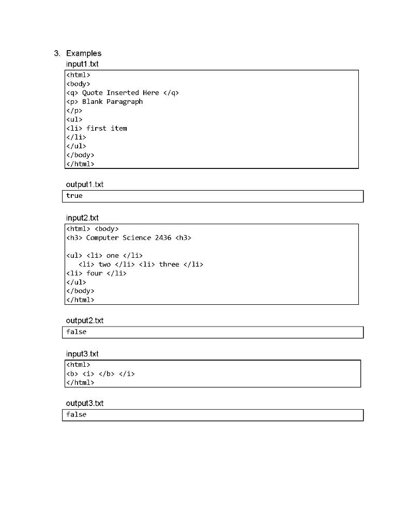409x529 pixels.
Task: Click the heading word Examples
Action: tap(84, 53)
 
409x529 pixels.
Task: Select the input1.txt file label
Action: tap(82, 64)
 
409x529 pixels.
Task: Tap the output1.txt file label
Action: tap(85, 184)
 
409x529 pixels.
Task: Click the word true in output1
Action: tap(74, 196)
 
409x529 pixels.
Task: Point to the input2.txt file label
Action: tap(82, 218)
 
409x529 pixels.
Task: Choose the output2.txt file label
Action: tap(85, 321)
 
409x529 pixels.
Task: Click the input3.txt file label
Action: tap(82, 354)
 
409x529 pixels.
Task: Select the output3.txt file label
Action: tap(85, 403)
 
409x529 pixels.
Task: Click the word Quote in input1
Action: tap(93, 93)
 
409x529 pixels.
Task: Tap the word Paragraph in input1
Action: tap(125, 102)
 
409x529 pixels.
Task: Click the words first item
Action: tap(107, 128)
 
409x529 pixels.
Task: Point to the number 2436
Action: tap(163, 238)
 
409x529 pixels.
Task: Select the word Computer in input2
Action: tap(102, 238)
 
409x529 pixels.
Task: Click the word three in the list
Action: tap(169, 264)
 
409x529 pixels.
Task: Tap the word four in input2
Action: tap(95, 273)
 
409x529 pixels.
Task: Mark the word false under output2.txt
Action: tap(77, 332)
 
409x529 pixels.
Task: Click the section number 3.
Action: tap(56, 53)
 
